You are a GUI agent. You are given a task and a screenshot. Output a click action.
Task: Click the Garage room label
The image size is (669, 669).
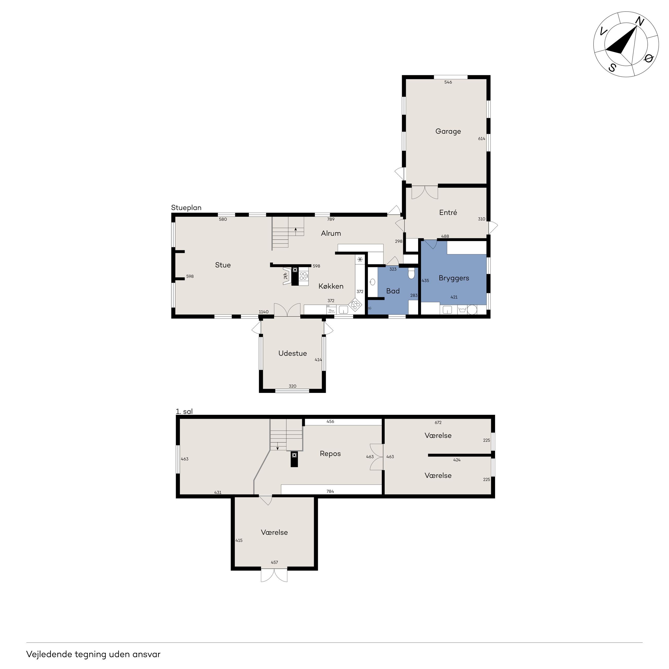coord(448,131)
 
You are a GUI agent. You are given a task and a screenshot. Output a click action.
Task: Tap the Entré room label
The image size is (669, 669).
coord(448,213)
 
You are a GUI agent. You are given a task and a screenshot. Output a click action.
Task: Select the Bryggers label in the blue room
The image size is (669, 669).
coord(454,278)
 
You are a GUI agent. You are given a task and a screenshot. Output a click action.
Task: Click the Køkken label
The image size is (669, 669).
coord(331,286)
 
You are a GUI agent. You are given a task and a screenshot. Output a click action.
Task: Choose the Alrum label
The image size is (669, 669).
coord(331,233)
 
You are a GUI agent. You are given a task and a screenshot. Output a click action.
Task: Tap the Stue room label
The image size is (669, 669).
coord(223,265)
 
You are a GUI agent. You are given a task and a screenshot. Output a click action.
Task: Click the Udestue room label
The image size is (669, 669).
coord(293,353)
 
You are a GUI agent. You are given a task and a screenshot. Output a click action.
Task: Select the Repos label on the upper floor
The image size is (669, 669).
coord(330,454)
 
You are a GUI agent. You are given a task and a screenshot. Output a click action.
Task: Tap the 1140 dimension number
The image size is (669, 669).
coord(263,312)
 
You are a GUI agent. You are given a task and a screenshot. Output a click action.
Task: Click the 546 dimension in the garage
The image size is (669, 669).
coord(448,82)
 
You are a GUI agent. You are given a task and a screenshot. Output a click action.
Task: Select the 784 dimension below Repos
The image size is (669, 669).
coord(330,491)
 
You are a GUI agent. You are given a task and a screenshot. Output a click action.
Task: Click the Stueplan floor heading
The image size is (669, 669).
coord(186,208)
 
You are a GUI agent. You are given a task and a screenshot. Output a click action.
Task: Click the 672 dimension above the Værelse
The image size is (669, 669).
coord(438,422)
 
